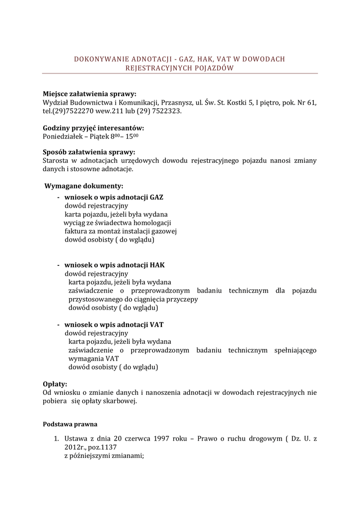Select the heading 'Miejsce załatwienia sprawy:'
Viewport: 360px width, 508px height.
(89, 94)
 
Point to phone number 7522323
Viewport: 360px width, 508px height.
(168, 111)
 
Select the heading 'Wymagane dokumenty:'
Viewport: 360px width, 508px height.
(84, 186)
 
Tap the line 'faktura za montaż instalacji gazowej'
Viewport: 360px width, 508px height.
(121, 231)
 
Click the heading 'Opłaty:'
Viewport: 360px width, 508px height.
(55, 384)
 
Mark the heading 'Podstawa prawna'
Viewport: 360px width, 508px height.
(71, 424)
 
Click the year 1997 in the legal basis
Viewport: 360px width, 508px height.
(163, 439)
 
